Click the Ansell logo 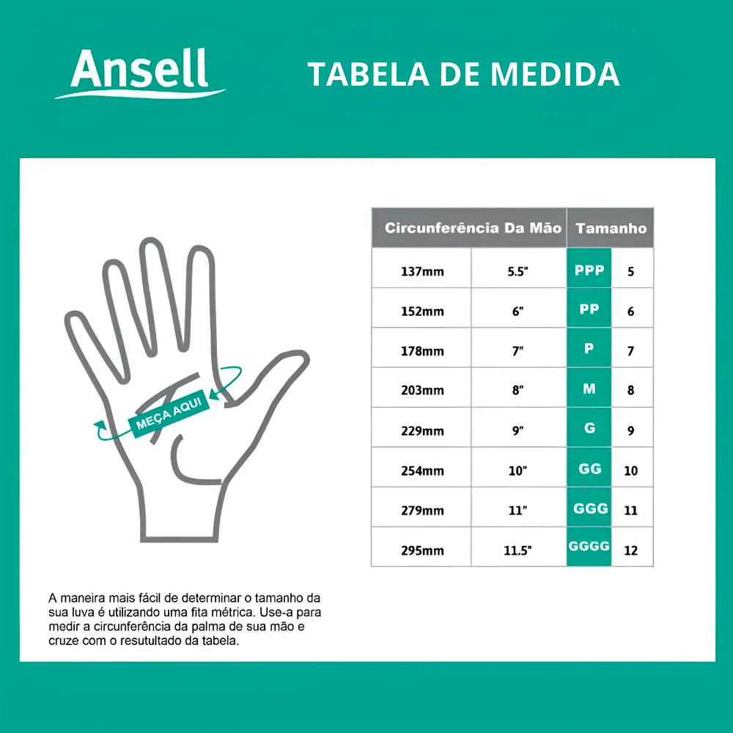(140, 73)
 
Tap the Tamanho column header (610, 228)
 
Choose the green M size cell (589, 388)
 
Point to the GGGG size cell (589, 547)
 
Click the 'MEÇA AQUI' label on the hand (169, 413)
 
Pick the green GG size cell (589, 468)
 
